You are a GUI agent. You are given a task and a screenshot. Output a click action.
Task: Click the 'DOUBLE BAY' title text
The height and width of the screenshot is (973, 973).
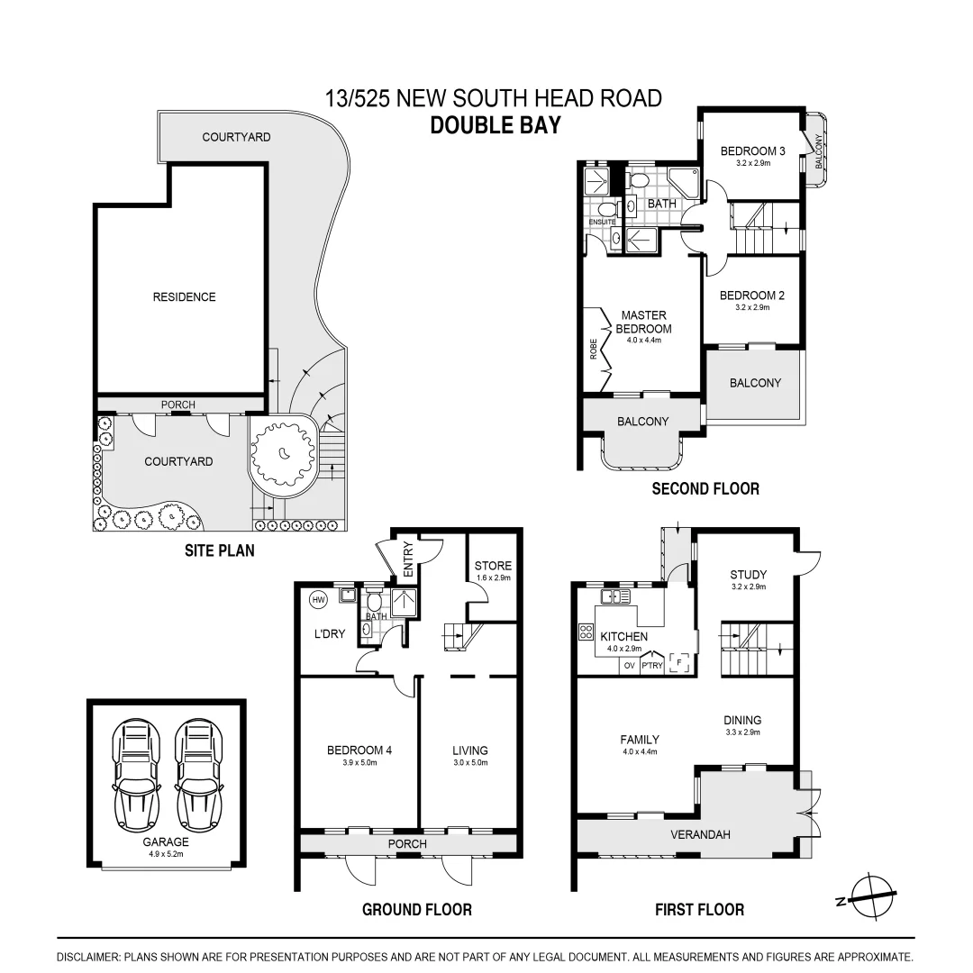pos(495,124)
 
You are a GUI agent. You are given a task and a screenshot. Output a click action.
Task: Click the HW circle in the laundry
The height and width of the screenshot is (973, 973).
pos(318,599)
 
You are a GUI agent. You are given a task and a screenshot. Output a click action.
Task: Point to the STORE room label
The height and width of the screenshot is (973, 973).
pos(493,566)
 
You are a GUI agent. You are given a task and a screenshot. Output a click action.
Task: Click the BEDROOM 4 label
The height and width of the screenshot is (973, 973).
pos(359,750)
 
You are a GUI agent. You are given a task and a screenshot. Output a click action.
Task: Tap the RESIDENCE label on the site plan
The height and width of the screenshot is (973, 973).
pos(184,296)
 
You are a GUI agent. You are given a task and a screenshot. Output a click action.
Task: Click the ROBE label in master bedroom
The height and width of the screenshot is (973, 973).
pos(593,349)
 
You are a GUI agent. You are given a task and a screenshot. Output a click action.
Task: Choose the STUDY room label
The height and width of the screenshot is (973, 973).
pos(748,574)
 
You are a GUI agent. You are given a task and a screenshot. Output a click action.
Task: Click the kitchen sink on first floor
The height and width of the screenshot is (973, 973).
pos(615,596)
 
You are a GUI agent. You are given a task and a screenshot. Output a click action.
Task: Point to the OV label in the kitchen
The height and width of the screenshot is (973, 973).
pos(629,666)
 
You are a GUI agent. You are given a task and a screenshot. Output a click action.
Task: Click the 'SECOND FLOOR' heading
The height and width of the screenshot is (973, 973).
pos(705,488)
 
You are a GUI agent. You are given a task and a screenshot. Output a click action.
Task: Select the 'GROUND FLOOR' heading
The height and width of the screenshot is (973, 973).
pos(416,909)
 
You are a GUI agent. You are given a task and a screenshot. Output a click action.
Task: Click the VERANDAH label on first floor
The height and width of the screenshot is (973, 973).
pos(699,834)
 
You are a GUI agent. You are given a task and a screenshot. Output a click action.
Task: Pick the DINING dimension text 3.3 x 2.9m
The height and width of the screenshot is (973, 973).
pos(742,732)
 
